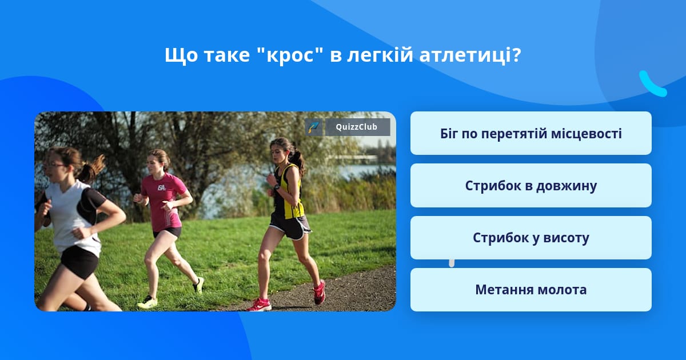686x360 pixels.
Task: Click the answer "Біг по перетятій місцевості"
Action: pos(531,134)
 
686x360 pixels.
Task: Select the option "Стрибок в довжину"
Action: pos(531,186)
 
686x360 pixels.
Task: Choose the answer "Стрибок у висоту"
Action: pos(531,238)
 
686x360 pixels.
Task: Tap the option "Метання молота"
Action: pos(531,290)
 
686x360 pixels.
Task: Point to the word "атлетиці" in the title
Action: pos(470,56)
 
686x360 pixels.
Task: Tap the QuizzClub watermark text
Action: pos(357,127)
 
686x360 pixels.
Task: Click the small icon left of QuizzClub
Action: pos(313,127)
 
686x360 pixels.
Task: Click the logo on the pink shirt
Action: pos(162,187)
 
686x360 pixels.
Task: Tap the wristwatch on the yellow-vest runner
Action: pos(276,187)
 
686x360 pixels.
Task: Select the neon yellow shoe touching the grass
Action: pos(147,302)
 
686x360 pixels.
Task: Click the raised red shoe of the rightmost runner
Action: pos(319,292)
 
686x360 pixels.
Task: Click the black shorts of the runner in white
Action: pos(79,262)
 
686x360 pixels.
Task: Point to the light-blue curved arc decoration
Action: pos(652,84)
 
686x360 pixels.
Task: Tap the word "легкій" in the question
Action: pos(380,56)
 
